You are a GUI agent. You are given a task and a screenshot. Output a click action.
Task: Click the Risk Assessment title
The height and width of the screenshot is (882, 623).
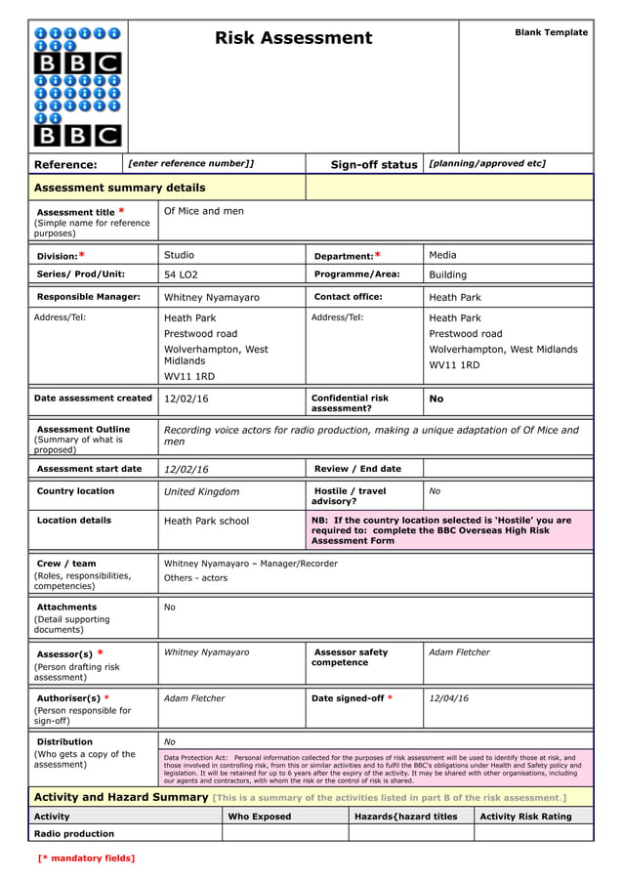coord(293,39)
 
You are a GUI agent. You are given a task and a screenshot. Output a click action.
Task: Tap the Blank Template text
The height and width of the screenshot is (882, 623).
coord(551,32)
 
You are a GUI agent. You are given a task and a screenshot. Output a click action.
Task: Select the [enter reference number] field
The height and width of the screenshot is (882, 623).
coord(191,164)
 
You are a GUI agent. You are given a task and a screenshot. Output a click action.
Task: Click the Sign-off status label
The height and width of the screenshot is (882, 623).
coord(373,165)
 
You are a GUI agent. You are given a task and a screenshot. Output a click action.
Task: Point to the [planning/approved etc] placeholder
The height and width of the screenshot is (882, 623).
coord(487,164)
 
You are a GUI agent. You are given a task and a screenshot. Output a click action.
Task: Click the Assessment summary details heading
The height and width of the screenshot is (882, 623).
coord(119,188)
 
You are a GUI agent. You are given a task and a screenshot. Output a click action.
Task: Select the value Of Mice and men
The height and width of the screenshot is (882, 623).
coord(204,211)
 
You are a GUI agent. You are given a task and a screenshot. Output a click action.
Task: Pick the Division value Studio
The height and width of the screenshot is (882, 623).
coord(179,255)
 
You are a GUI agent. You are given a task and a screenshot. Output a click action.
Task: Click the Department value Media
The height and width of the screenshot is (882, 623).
coord(442,255)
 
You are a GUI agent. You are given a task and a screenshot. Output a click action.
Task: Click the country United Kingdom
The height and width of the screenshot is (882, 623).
coord(201,492)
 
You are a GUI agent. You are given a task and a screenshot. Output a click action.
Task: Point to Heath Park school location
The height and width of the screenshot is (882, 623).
coord(206,522)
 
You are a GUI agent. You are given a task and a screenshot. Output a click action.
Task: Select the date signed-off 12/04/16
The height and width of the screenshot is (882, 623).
coord(448,698)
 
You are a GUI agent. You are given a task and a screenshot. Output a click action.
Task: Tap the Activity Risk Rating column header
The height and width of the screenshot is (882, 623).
coord(525,817)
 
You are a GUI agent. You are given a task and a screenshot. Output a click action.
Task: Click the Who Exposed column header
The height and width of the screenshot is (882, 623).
coord(259,817)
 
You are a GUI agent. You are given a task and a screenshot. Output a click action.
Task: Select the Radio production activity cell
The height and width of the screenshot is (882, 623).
coord(74,834)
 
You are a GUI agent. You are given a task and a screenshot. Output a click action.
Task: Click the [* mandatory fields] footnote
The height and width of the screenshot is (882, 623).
coord(86,859)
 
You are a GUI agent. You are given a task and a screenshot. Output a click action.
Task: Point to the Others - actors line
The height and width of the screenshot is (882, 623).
coord(195,578)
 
